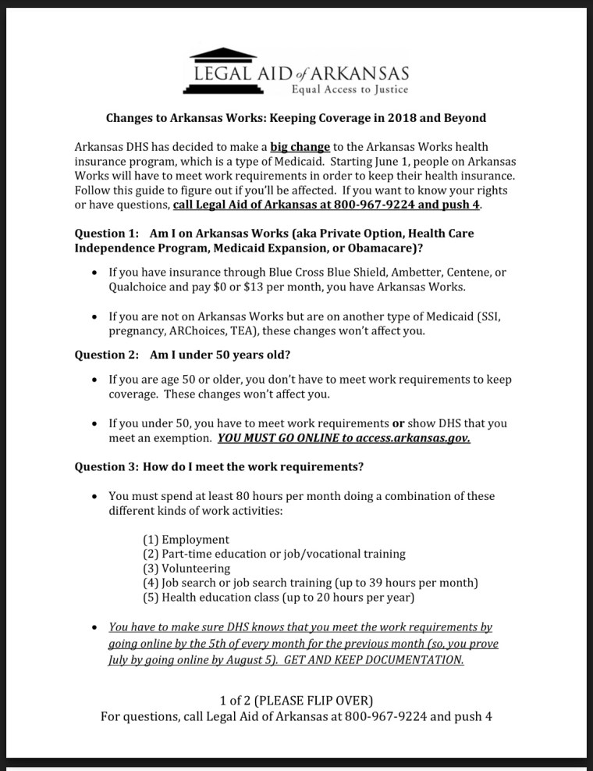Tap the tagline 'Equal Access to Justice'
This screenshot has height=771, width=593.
point(350,89)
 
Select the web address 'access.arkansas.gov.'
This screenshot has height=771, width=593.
point(413,438)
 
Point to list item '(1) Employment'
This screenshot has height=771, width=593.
point(186,540)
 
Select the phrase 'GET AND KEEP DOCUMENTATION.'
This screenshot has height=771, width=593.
point(374,660)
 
